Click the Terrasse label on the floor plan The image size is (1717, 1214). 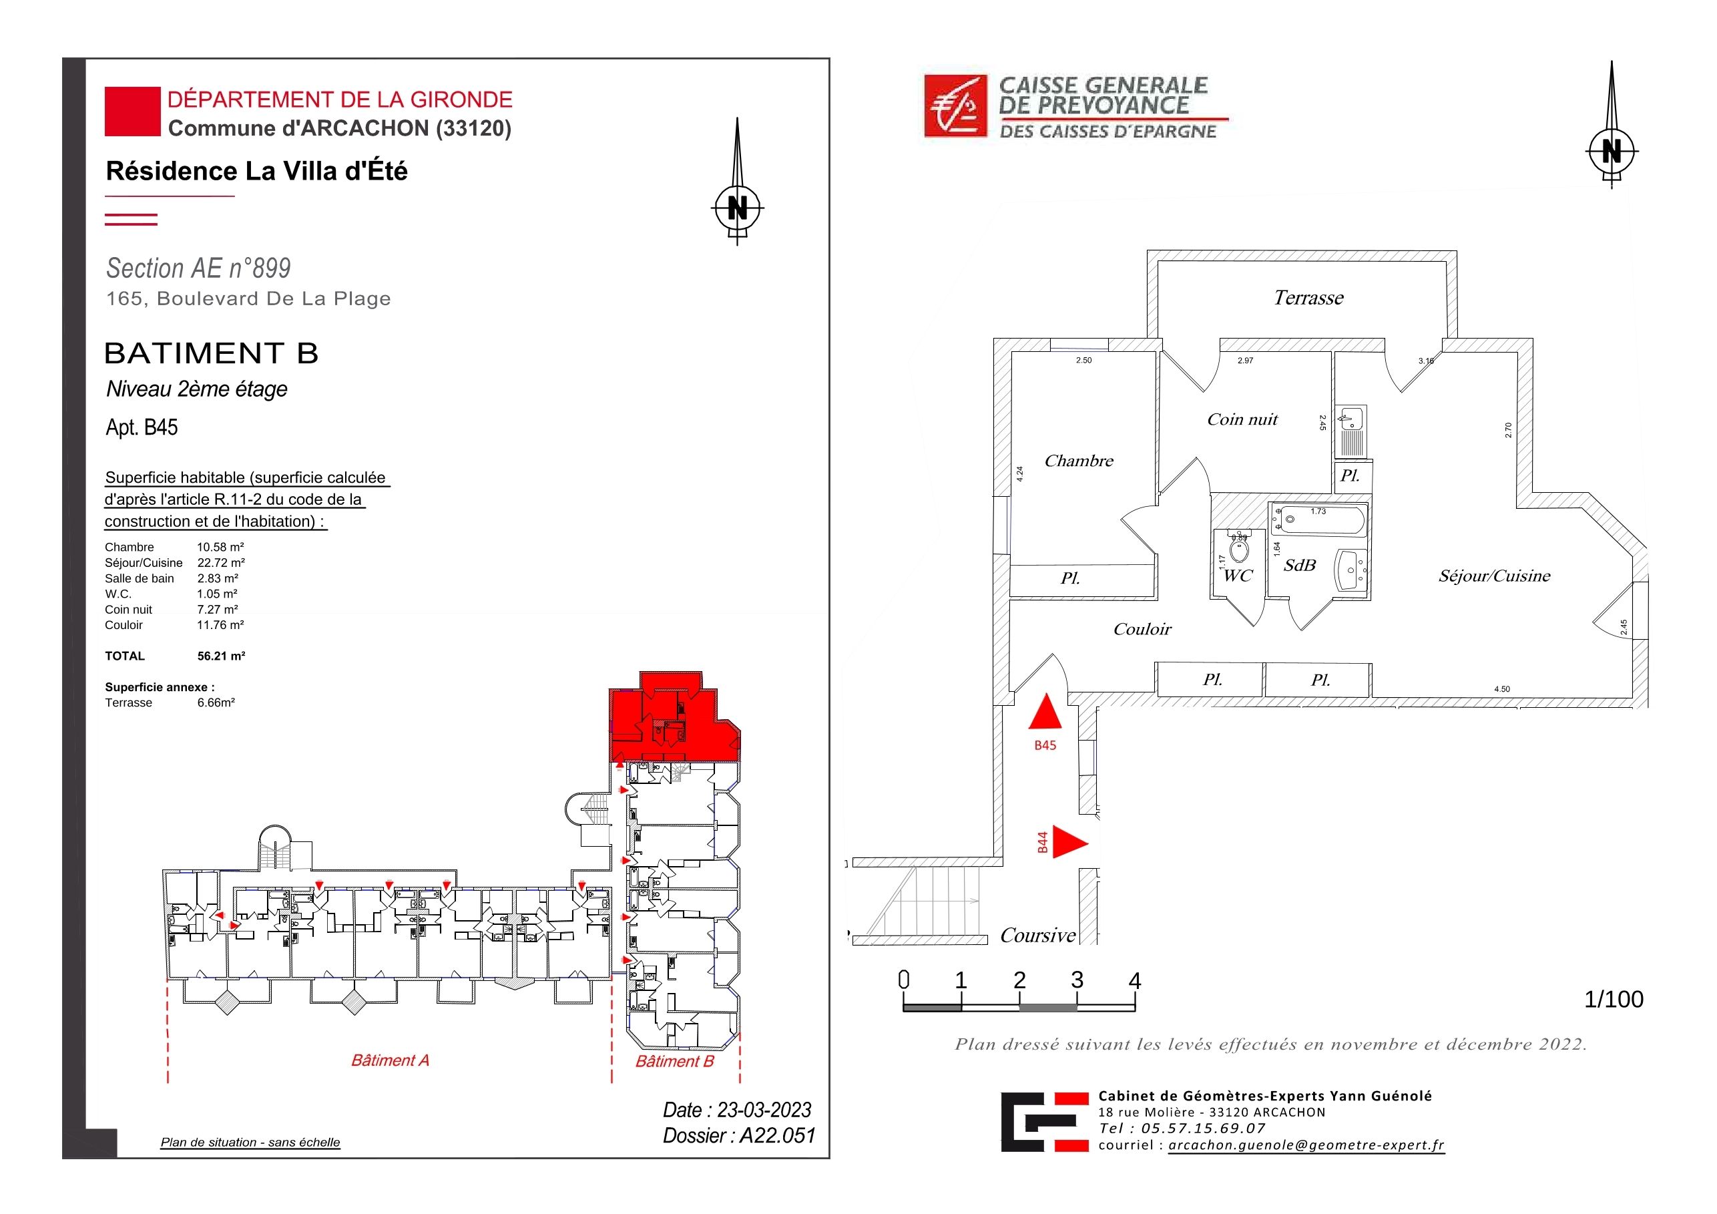[x=1308, y=298]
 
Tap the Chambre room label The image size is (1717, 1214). [x=1078, y=461]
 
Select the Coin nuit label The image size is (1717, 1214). [x=1242, y=419]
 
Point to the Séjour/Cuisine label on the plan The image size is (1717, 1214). [x=1494, y=576]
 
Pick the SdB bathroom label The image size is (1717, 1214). [x=1300, y=566]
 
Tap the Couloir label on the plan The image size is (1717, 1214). [x=1142, y=629]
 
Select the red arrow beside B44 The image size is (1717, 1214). [x=1070, y=842]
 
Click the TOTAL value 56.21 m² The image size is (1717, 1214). [x=222, y=656]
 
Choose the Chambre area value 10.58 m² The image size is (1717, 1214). [x=220, y=547]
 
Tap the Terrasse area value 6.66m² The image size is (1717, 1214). [x=216, y=702]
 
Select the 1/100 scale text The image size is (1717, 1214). [x=1614, y=1000]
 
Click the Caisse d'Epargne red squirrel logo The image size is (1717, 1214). [x=956, y=106]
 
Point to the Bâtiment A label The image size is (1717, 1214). [x=391, y=1060]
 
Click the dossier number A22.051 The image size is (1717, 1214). [x=777, y=1135]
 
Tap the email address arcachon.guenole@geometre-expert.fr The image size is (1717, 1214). [x=1306, y=1145]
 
